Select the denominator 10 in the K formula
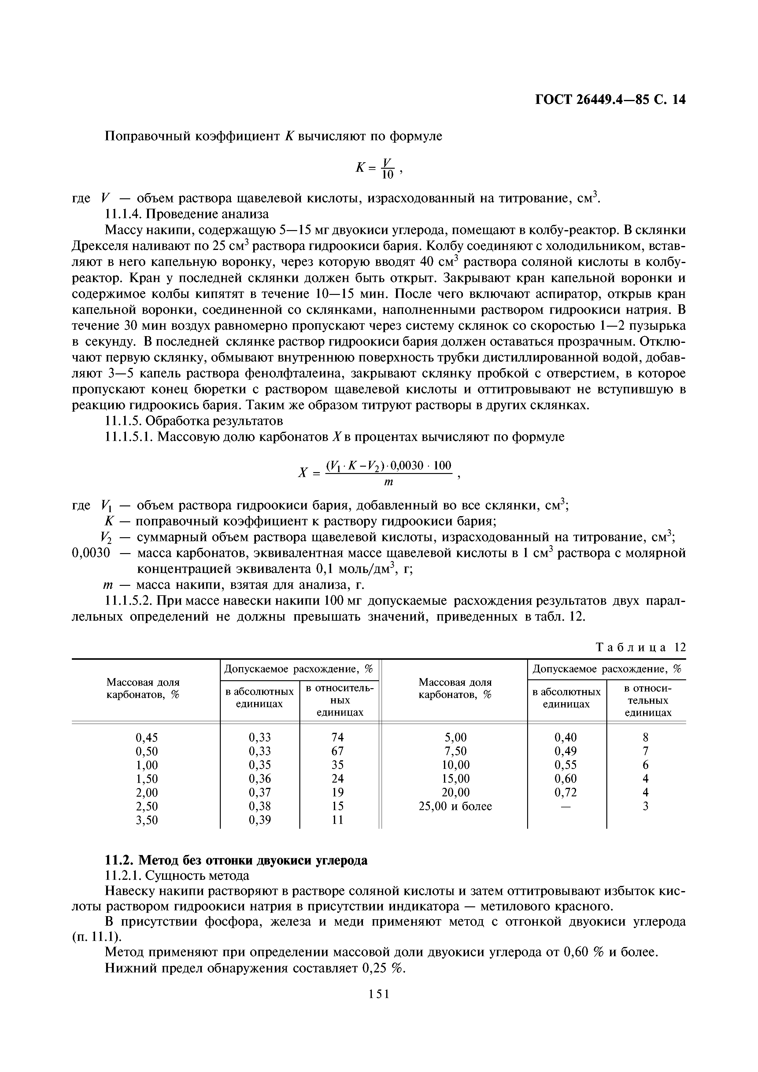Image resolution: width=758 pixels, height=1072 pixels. pyautogui.click(x=387, y=175)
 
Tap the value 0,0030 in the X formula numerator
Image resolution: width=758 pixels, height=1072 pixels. pyautogui.click(x=405, y=465)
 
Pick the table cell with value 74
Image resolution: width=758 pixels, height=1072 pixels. pyautogui.click(x=337, y=737)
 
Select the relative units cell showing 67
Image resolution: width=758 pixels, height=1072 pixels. pyautogui.click(x=337, y=751)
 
